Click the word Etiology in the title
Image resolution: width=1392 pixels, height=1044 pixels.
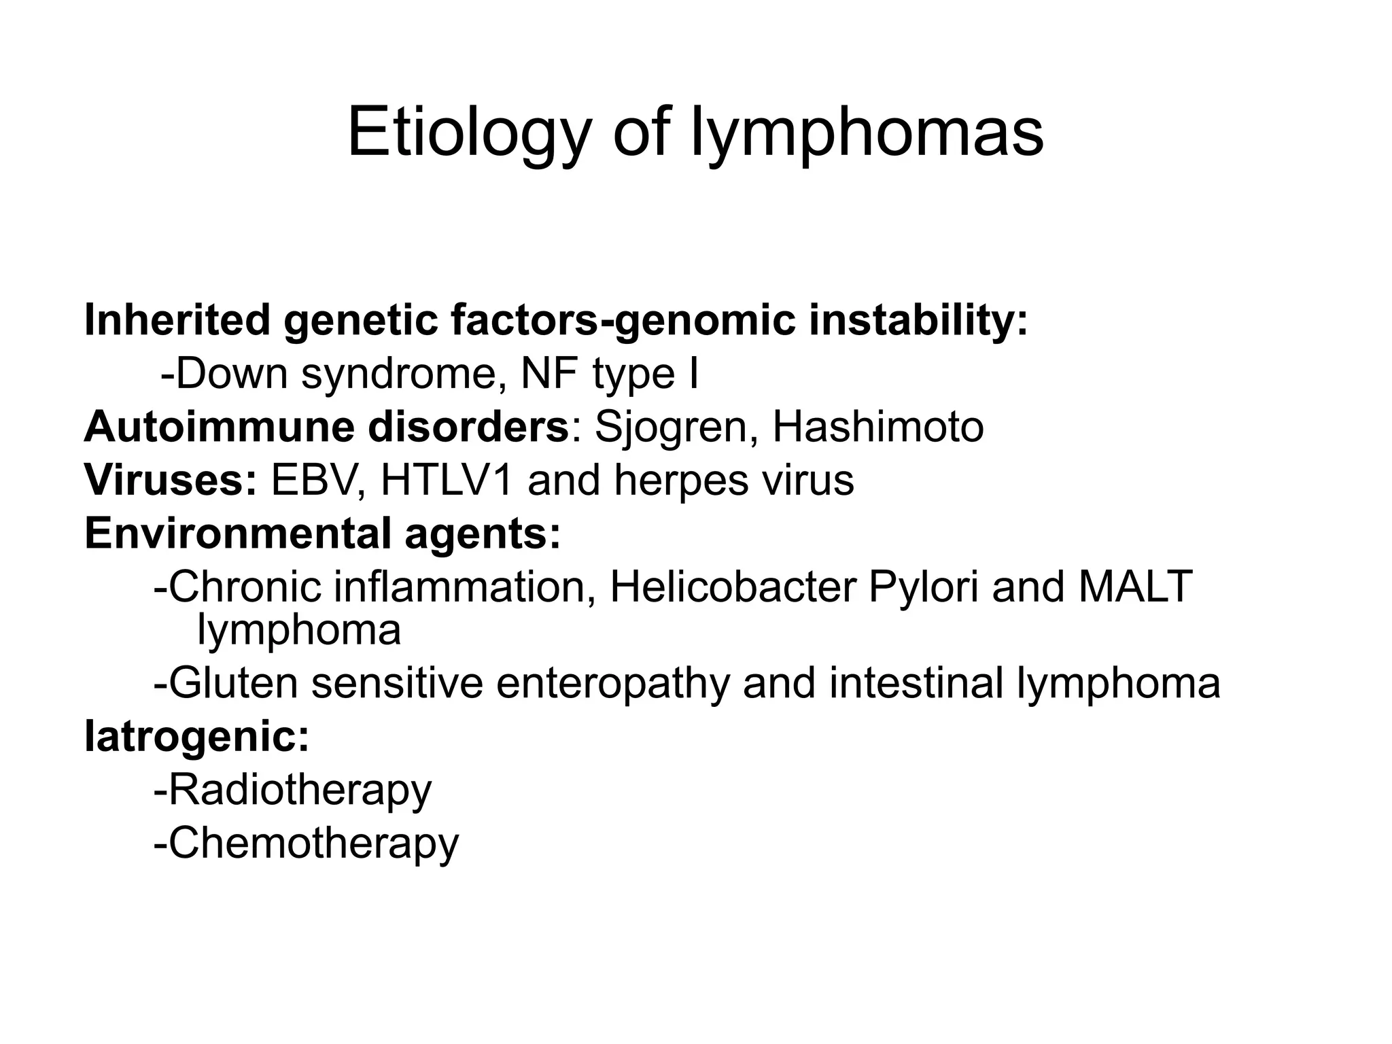[x=468, y=133]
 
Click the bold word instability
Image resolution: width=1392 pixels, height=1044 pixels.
[x=918, y=320]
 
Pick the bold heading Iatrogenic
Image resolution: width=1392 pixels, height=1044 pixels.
[x=197, y=737]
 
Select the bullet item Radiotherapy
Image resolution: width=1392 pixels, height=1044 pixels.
[x=299, y=791]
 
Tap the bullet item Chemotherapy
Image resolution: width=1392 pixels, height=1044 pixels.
[x=313, y=844]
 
